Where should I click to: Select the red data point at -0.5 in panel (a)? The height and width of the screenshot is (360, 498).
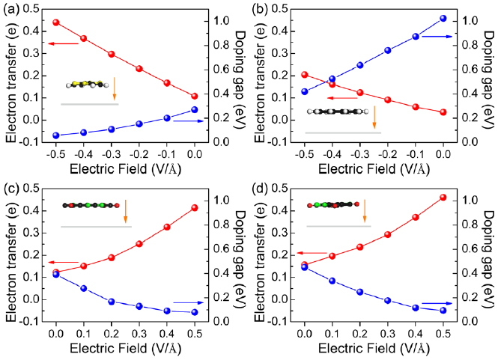coord(56,22)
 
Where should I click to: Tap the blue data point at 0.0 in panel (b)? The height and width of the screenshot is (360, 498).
coord(443,18)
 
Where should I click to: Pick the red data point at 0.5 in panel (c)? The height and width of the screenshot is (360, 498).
coord(195,207)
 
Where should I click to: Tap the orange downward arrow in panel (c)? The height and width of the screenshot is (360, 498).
coord(126,210)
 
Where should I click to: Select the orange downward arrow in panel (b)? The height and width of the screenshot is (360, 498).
coord(374,118)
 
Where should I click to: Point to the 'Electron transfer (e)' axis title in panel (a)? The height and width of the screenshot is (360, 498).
coord(10,79)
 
